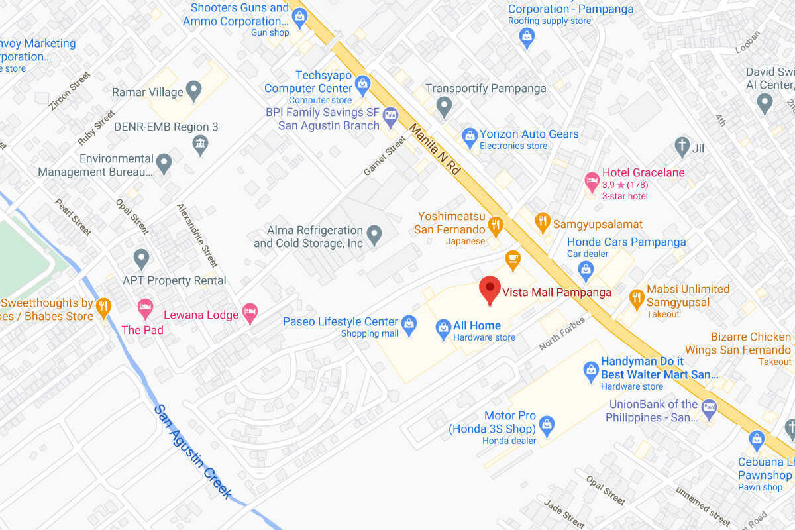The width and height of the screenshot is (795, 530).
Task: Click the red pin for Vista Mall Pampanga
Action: tap(490, 290)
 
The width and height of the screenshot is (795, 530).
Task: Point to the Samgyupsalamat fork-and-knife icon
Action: tap(543, 223)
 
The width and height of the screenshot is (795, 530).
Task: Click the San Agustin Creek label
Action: tap(193, 451)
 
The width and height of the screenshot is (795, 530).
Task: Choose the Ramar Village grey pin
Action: tap(193, 91)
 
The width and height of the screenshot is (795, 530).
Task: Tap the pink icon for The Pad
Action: tap(145, 307)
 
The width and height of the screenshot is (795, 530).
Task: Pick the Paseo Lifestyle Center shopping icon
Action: tap(409, 323)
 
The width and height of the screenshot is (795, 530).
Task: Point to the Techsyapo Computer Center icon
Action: tap(362, 84)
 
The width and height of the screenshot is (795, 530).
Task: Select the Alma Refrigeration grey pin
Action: tap(374, 235)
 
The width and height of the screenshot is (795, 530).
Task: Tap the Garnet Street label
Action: tap(384, 156)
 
